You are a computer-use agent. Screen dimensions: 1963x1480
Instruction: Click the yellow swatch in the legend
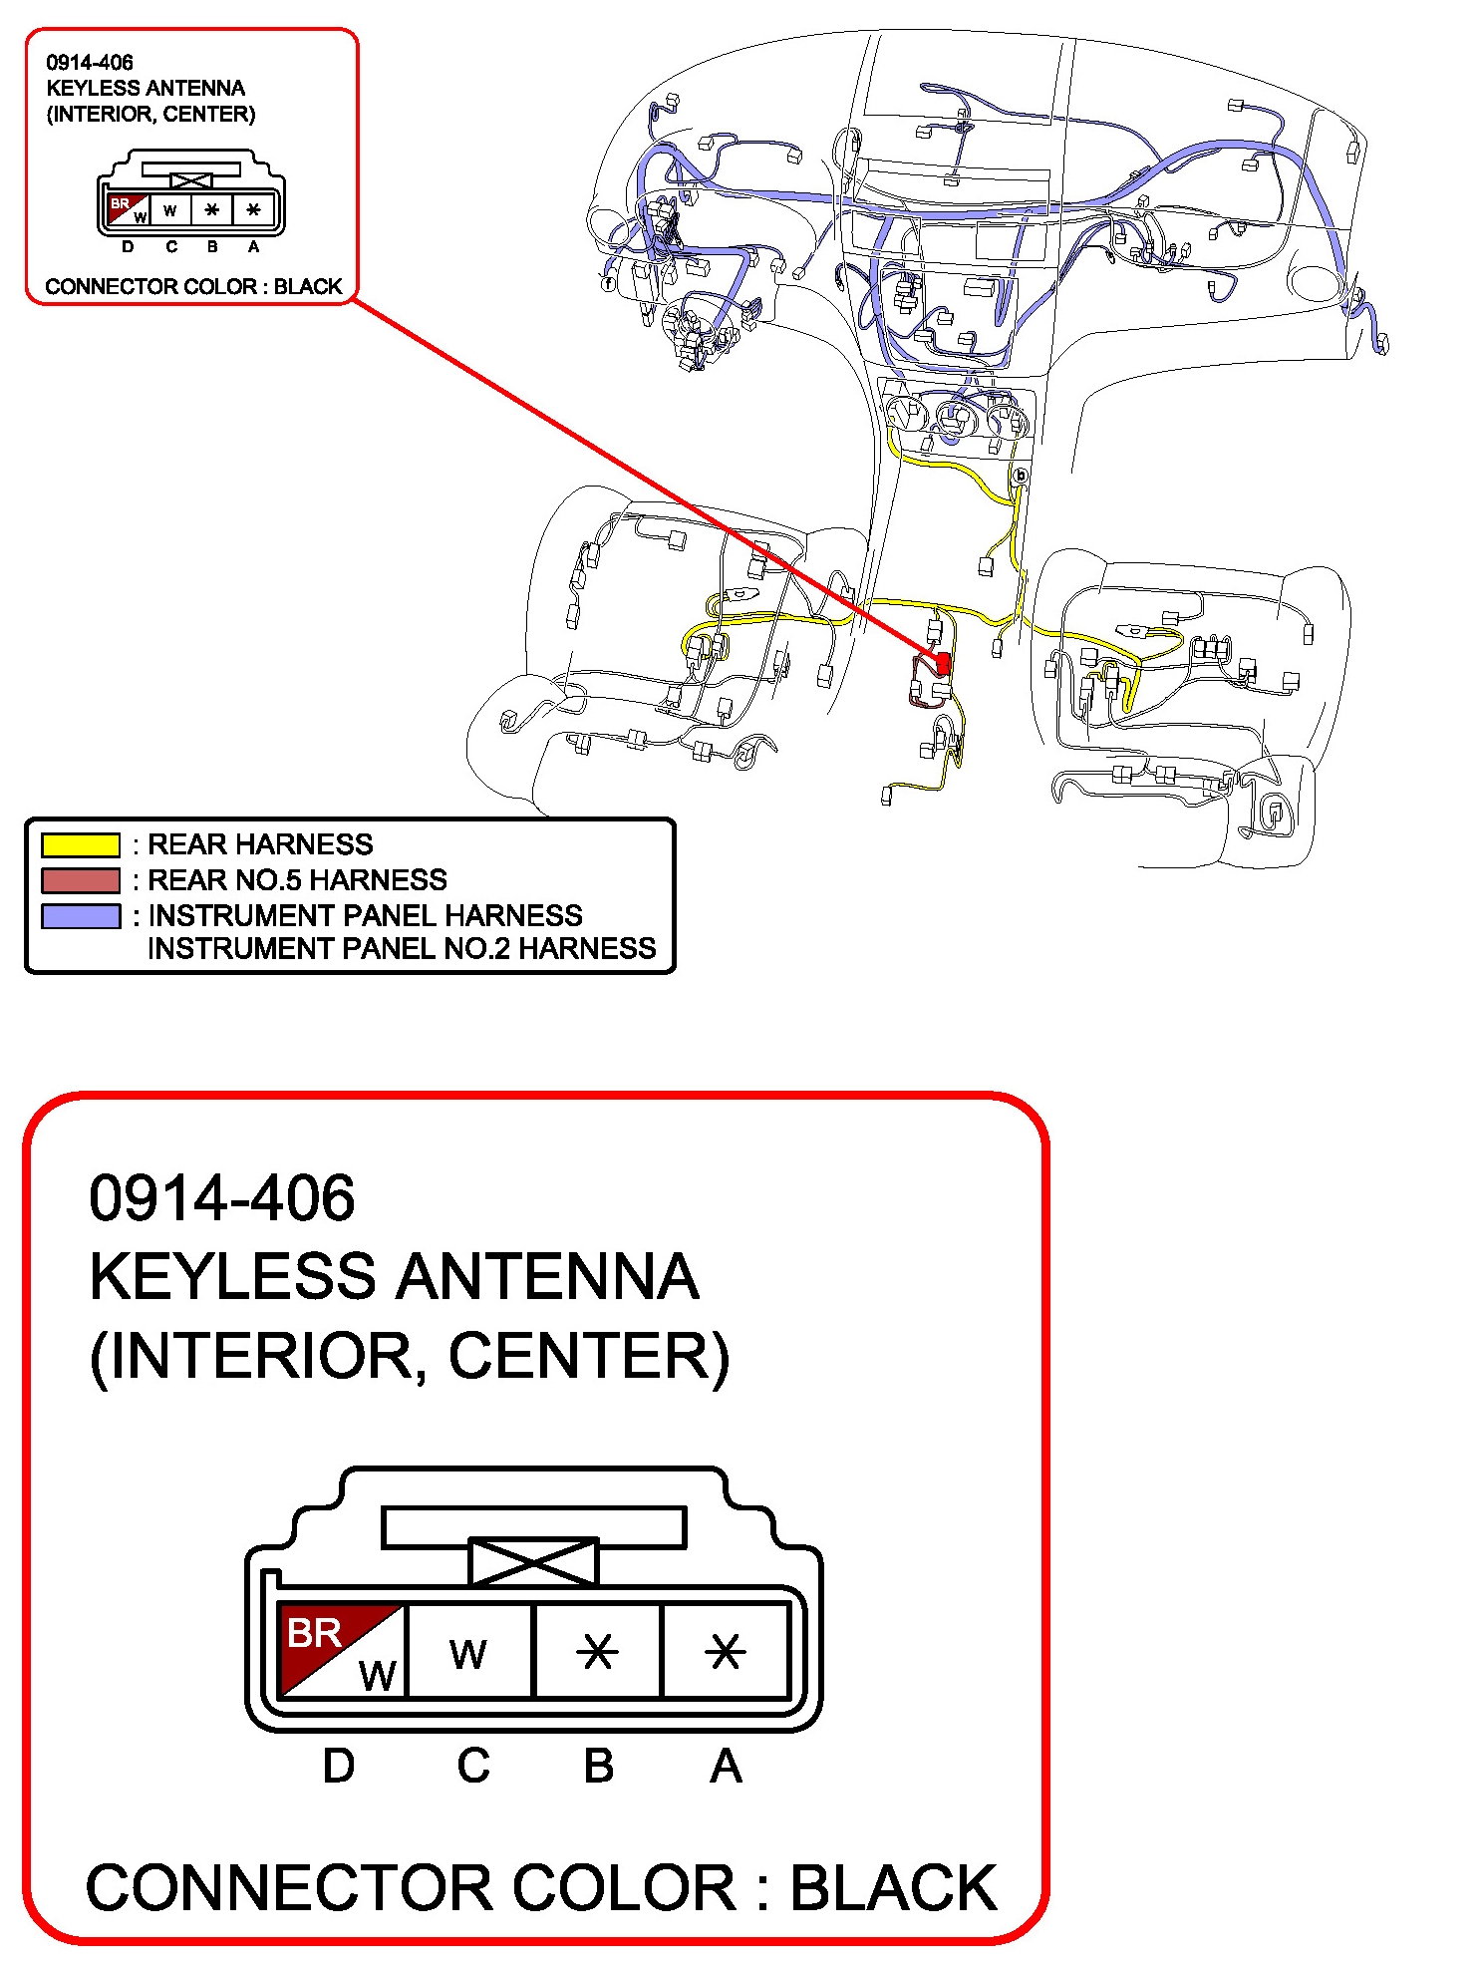coord(80,844)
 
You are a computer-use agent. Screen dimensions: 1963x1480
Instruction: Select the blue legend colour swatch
coord(80,915)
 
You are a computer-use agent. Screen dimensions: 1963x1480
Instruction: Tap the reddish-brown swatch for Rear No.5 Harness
coord(80,879)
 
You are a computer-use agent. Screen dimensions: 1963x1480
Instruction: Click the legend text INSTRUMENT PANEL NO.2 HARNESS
coord(401,948)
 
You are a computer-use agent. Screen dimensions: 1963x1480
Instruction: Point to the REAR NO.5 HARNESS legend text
coord(297,879)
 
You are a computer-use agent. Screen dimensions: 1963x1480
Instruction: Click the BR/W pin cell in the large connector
coord(342,1649)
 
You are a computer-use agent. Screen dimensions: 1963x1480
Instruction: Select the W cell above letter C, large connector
coord(469,1651)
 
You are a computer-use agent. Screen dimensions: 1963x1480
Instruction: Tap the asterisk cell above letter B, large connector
coord(598,1651)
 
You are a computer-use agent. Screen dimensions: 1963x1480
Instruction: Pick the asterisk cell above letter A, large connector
coord(725,1651)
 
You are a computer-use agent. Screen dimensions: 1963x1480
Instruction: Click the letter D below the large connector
coord(339,1766)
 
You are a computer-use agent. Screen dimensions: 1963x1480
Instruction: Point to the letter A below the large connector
coord(726,1766)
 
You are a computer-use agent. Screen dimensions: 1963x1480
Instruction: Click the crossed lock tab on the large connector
coord(533,1561)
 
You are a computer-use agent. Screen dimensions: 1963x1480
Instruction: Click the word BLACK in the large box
coord(893,1887)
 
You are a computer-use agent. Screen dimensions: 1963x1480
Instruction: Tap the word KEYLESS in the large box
coord(233,1277)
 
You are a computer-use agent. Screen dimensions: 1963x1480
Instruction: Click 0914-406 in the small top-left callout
coord(90,62)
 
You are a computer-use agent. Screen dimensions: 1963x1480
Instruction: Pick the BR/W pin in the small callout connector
coord(128,209)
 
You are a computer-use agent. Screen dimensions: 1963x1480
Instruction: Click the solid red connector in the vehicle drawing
coord(943,662)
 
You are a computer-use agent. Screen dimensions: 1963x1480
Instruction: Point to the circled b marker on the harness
coord(1020,476)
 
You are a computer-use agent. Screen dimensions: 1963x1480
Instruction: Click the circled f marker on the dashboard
coord(608,284)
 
